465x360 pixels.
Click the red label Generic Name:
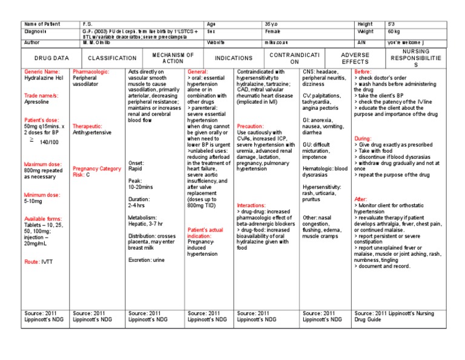[x=42, y=72]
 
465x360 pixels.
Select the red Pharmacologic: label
[x=91, y=72]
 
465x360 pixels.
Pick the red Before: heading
[x=363, y=72]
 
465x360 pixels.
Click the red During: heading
[x=363, y=138]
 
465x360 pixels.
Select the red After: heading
[x=360, y=199]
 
